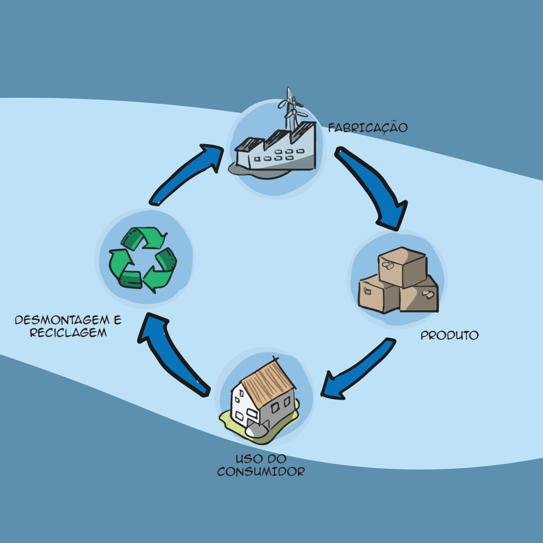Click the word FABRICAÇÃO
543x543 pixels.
point(368,128)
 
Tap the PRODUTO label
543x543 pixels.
point(449,335)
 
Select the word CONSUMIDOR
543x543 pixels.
point(261,472)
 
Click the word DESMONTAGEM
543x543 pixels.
point(62,320)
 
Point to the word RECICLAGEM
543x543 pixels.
point(68,333)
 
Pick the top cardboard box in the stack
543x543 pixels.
point(402,266)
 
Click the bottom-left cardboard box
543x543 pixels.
point(377,294)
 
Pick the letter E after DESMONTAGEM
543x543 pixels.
point(118,320)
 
